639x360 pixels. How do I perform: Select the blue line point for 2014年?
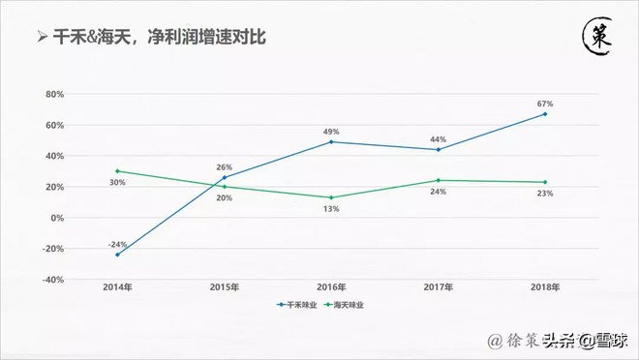117,255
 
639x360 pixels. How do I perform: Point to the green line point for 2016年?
331,197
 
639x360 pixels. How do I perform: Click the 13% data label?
331,210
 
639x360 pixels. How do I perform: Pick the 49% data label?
330,131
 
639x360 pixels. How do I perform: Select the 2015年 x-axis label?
225,287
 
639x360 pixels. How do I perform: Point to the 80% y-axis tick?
54,95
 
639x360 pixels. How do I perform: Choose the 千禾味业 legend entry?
297,305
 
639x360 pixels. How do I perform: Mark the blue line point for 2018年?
544,114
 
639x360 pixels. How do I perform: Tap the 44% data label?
438,138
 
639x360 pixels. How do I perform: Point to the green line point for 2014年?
117,171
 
